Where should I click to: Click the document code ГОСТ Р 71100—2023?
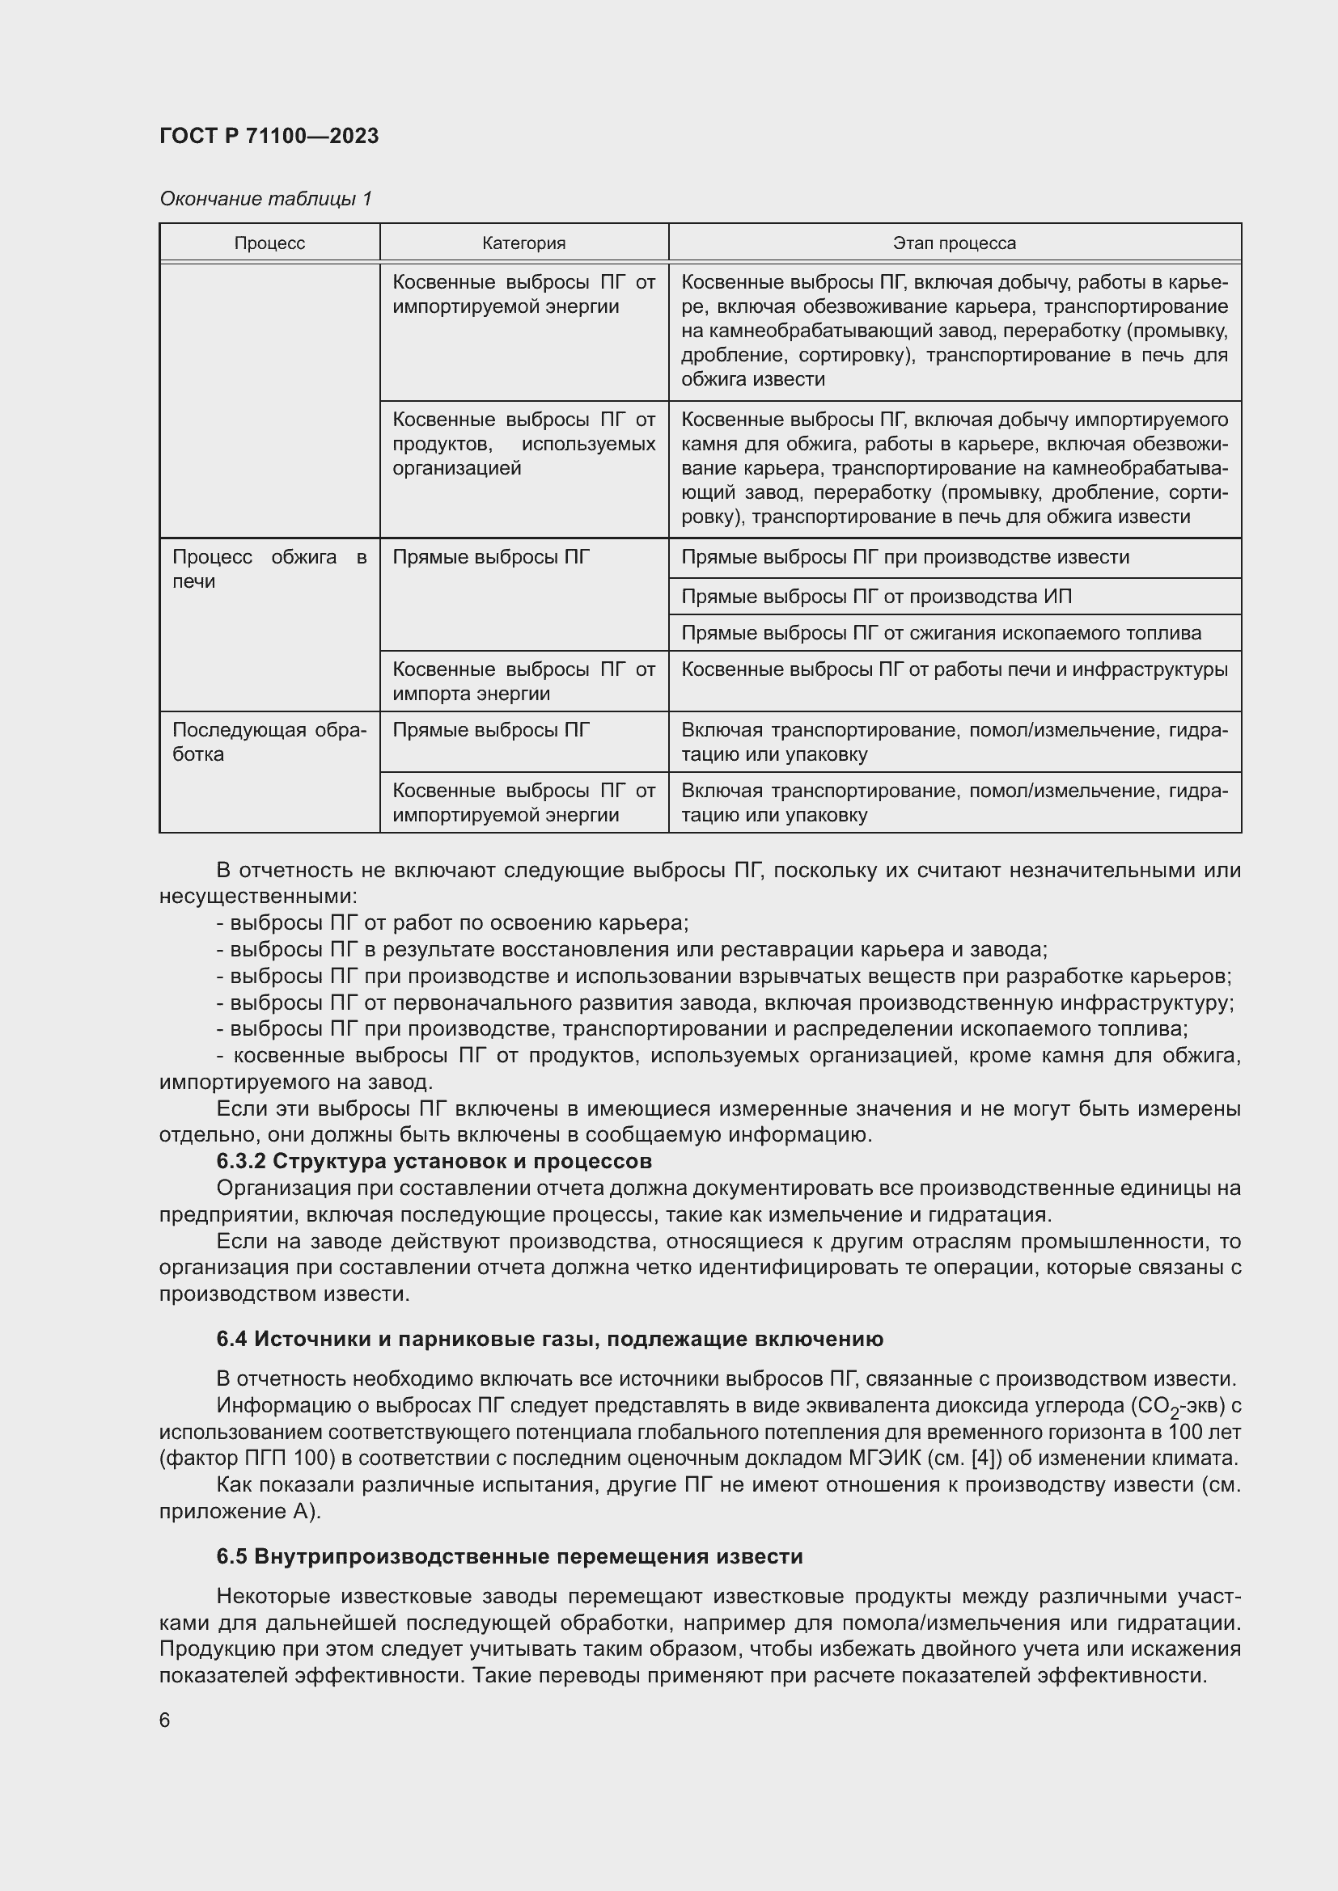coord(269,136)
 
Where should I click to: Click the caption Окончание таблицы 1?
coord(265,199)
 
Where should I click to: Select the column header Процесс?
coord(269,243)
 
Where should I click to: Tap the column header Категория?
coord(523,243)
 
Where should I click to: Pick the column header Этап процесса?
coord(954,243)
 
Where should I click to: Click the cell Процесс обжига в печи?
coord(269,569)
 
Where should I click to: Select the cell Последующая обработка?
coord(269,742)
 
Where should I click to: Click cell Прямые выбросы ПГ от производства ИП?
coord(876,597)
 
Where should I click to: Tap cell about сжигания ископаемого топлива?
coord(941,632)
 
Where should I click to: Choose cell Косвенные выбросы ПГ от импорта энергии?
coord(523,681)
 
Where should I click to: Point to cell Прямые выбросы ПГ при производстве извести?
coord(904,557)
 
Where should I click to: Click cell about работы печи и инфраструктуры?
coord(954,669)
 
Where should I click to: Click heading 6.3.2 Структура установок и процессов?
coord(434,1161)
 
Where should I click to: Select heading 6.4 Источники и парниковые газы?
coord(549,1339)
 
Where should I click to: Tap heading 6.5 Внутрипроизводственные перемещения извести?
coord(509,1556)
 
